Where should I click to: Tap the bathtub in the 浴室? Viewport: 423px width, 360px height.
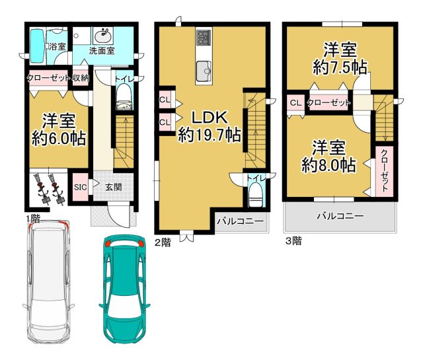[37, 46]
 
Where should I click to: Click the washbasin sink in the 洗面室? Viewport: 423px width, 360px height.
[103, 36]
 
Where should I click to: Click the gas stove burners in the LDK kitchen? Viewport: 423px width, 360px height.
[204, 38]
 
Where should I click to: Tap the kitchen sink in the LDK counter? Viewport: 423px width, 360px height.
[204, 71]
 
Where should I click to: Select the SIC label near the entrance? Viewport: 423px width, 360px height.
[81, 187]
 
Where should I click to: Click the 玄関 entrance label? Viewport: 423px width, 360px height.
[114, 187]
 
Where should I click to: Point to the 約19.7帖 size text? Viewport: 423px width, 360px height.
[210, 135]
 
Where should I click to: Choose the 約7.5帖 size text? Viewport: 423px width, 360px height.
[340, 67]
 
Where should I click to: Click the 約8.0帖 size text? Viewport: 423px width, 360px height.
[328, 165]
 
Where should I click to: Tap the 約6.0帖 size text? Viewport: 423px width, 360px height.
[59, 138]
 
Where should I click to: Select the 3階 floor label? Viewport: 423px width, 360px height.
[293, 240]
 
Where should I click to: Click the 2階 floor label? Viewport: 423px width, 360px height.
[163, 242]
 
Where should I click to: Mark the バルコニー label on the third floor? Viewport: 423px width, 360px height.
[340, 216]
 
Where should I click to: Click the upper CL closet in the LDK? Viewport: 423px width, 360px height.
[165, 100]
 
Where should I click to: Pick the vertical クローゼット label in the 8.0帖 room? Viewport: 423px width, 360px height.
[384, 170]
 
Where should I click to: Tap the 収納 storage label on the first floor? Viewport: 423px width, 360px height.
[80, 78]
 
